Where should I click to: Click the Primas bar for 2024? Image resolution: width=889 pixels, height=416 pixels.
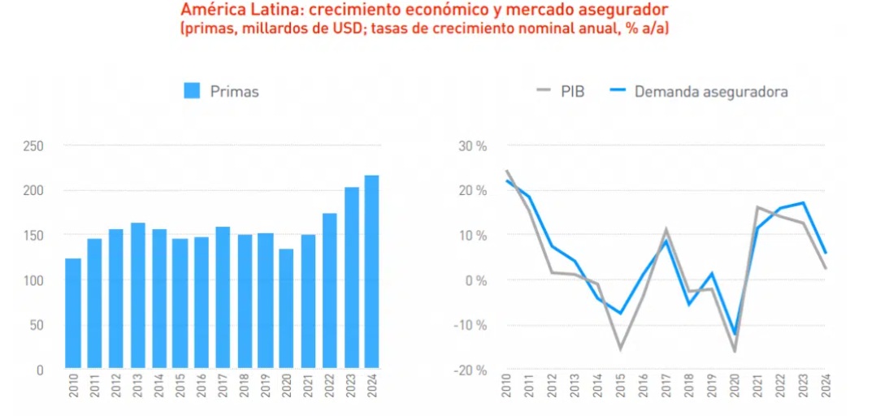(371, 272)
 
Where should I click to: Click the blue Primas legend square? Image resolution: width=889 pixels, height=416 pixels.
(192, 91)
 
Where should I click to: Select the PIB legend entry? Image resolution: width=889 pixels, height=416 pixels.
(562, 91)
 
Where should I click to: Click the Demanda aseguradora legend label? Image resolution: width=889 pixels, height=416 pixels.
(711, 91)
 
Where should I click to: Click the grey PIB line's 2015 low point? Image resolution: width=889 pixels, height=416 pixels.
(620, 349)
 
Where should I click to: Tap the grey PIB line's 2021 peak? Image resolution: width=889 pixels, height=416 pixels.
(757, 208)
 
